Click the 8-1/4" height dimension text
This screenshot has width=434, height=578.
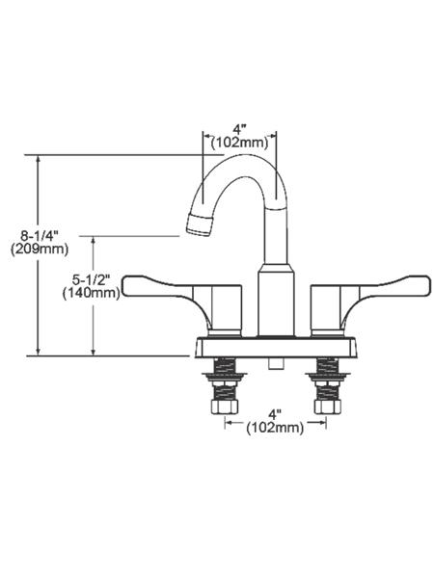tap(40, 235)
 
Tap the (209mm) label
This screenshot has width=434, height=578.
tap(40, 250)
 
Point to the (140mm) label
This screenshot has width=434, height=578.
tap(92, 294)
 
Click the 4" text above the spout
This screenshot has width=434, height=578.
tap(239, 129)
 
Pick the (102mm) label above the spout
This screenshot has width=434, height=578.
tap(239, 143)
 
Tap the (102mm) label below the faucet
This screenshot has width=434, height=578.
tap(275, 428)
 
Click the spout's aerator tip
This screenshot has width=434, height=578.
tap(200, 224)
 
